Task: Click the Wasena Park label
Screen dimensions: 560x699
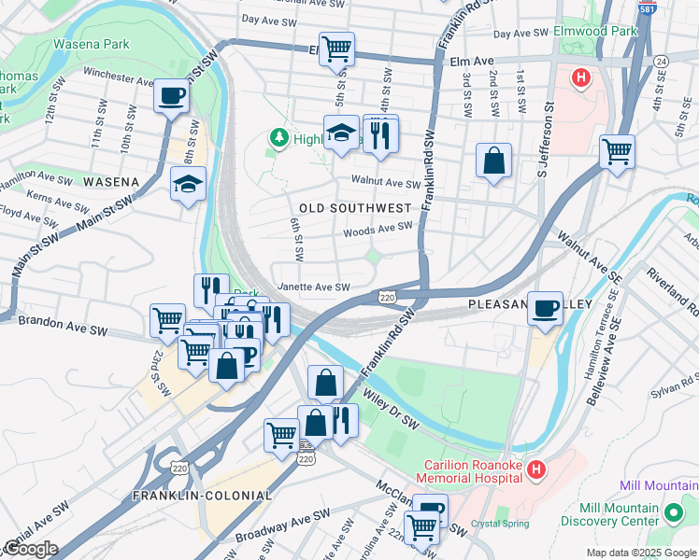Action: [92, 44]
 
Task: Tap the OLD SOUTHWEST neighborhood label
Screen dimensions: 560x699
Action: [355, 207]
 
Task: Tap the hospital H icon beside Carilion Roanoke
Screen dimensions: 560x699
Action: [535, 470]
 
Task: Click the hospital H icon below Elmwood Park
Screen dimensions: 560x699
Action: [580, 77]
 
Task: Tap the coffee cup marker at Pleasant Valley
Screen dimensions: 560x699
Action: [545, 308]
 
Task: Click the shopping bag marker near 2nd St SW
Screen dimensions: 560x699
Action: [493, 161]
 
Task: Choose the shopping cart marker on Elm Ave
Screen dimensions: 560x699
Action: [336, 49]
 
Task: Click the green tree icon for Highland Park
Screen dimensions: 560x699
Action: [278, 138]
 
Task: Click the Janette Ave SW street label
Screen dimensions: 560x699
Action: [313, 287]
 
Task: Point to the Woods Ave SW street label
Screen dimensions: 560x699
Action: [378, 229]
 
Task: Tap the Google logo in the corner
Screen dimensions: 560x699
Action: [30, 549]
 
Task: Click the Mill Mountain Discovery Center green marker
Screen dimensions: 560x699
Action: [671, 512]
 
